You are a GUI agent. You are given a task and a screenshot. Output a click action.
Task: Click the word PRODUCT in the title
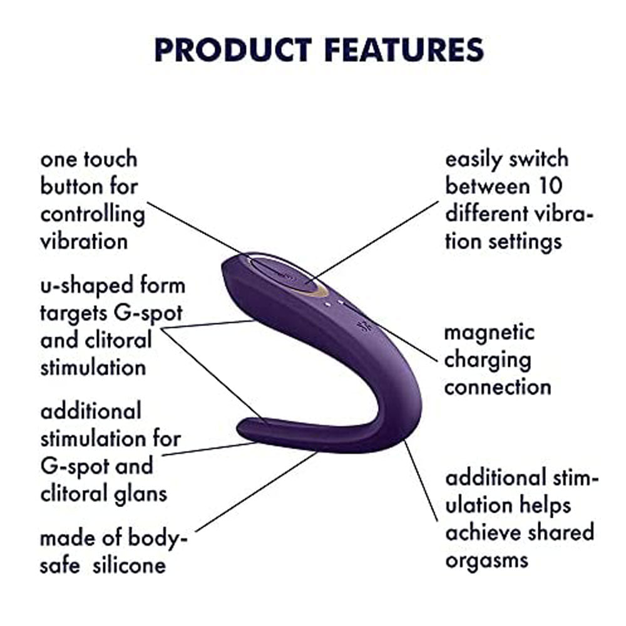click(233, 50)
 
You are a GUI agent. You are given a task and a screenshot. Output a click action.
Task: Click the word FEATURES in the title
click(404, 50)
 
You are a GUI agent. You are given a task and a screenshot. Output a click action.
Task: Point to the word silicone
click(129, 565)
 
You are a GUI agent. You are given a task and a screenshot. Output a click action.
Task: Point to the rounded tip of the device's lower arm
click(242, 428)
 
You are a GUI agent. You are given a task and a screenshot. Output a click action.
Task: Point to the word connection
click(498, 387)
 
